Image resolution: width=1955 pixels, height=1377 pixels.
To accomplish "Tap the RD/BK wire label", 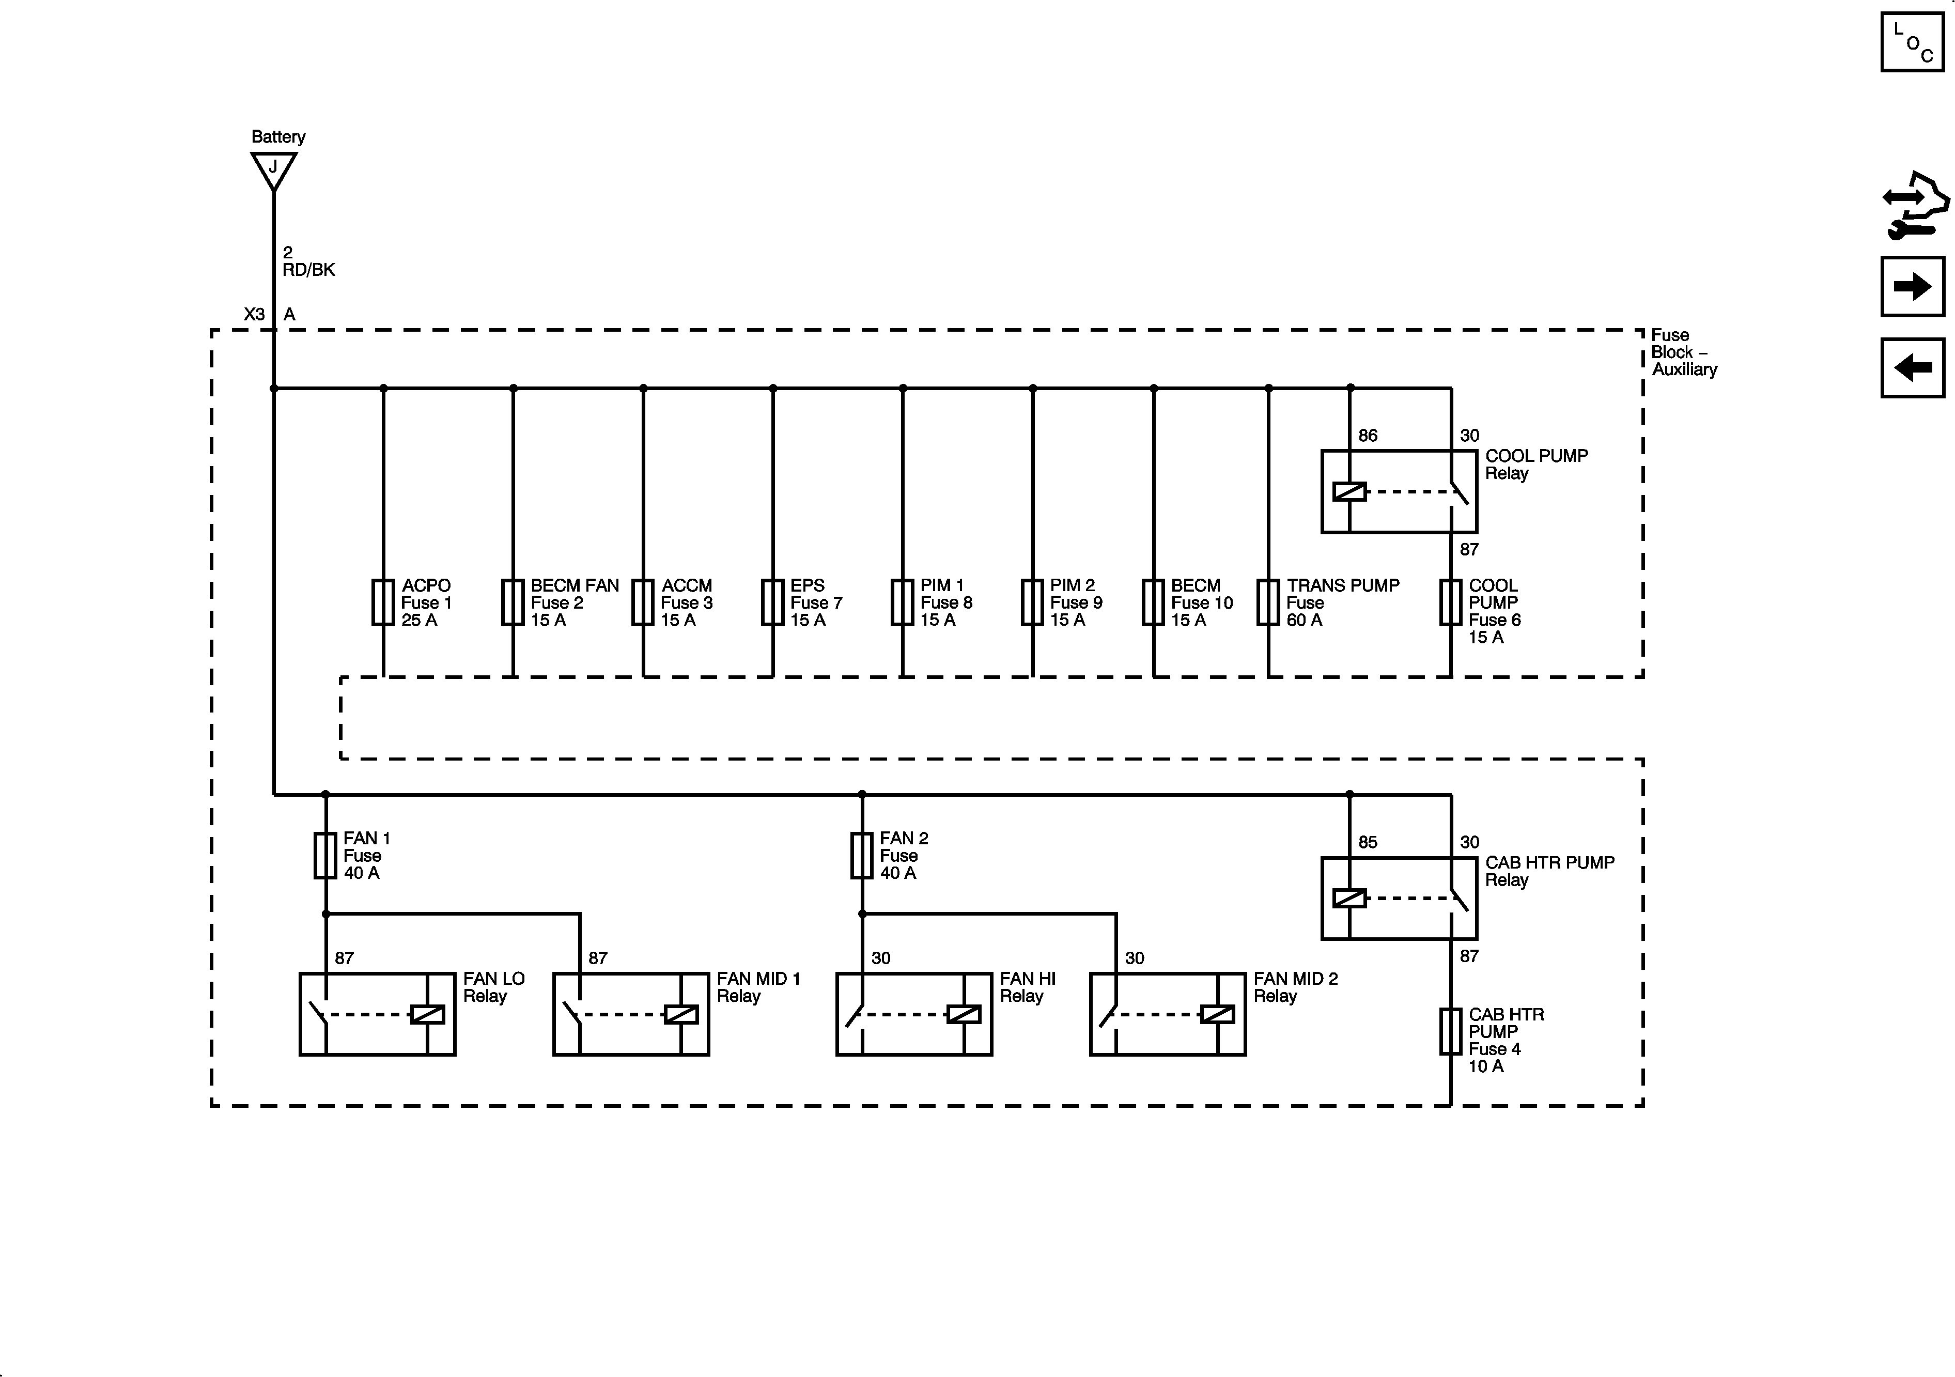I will pyautogui.click(x=308, y=270).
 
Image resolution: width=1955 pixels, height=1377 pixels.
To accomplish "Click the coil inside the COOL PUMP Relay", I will pyautogui.click(x=1349, y=491).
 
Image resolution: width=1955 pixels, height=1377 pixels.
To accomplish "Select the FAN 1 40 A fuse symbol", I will pyautogui.click(x=325, y=855).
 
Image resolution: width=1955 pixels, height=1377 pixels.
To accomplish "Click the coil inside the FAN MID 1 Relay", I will pyautogui.click(x=681, y=1014).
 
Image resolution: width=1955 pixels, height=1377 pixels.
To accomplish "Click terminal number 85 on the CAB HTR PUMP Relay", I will pyautogui.click(x=1368, y=842).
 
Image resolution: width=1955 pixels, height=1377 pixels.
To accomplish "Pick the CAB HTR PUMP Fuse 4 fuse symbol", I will pyautogui.click(x=1451, y=1031).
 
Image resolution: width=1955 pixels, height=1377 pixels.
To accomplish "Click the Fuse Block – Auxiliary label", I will pyautogui.click(x=1683, y=352).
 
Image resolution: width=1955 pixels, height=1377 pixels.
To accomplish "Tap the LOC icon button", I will pyautogui.click(x=1913, y=42).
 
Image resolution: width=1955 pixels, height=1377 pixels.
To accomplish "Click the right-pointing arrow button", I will pyautogui.click(x=1913, y=286).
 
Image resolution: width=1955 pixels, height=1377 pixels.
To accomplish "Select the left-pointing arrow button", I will pyautogui.click(x=1913, y=368).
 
